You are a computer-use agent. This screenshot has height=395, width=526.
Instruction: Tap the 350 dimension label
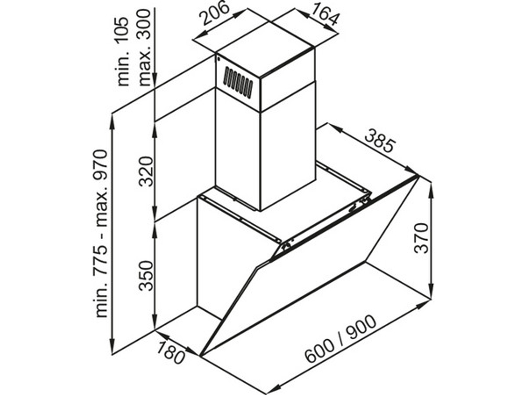click(147, 275)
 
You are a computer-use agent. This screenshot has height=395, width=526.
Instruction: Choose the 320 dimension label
click(147, 171)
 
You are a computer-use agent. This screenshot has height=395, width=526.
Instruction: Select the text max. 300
click(144, 47)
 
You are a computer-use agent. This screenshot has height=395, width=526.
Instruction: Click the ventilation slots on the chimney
click(238, 82)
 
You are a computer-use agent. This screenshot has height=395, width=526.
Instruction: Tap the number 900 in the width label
click(361, 327)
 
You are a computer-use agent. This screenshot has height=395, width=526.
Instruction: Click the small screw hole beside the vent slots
click(219, 60)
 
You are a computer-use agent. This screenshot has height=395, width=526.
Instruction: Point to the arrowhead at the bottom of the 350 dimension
click(155, 323)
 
